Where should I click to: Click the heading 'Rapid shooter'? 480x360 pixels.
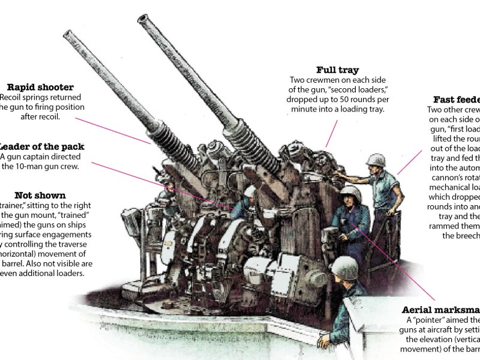point(40,88)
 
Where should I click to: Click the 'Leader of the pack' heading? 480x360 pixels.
point(42,147)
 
